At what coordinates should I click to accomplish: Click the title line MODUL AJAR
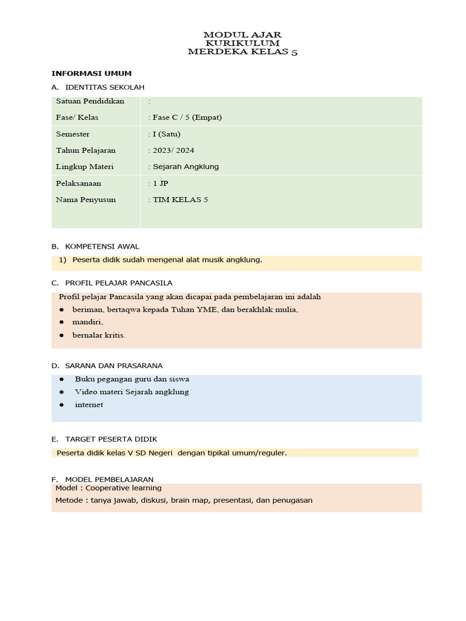[x=242, y=35]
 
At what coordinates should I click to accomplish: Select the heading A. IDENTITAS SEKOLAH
[x=98, y=87]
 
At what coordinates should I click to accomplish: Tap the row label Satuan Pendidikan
[x=90, y=101]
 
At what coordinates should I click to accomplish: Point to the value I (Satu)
[x=166, y=134]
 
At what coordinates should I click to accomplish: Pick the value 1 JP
[x=160, y=183]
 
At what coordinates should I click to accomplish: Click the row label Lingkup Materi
[x=85, y=166]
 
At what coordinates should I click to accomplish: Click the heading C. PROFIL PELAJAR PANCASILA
[x=112, y=283]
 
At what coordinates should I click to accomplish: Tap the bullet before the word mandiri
[x=62, y=322]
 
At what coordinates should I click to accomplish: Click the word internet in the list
[x=89, y=404]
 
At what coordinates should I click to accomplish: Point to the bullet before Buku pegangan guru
[x=62, y=379]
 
